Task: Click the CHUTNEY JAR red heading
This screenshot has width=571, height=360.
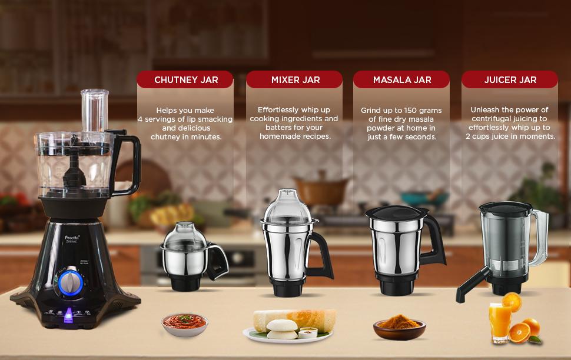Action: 185,80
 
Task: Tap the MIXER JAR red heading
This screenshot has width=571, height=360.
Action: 294,80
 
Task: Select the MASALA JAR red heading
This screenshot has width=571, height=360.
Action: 401,80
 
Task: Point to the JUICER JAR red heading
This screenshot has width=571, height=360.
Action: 510,80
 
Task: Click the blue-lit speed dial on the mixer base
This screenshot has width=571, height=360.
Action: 71,283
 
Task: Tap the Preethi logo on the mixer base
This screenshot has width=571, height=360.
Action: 72,238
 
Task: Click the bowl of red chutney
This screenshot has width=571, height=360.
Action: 185,324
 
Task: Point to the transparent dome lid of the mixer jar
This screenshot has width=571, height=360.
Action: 287,206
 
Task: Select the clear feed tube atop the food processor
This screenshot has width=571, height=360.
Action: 95,111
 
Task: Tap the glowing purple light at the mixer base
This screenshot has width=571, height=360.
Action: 68,315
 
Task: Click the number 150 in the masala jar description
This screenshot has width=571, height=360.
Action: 411,110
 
